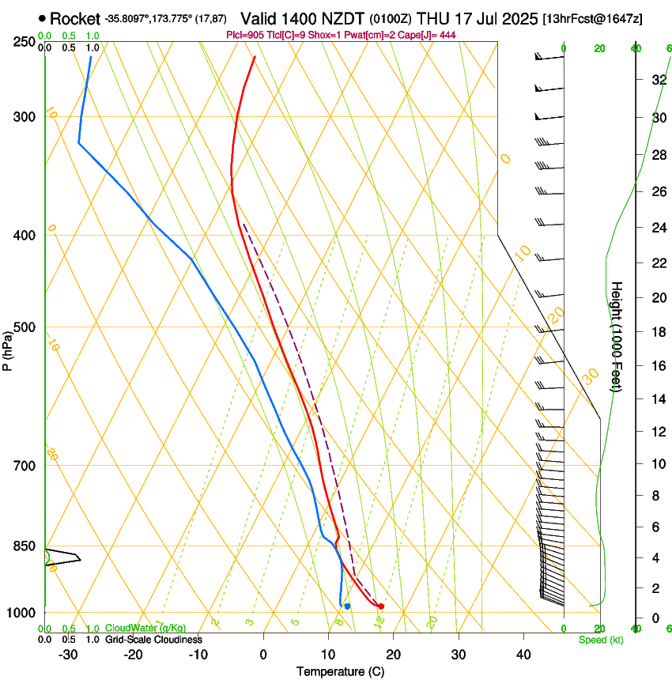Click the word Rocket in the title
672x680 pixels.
(x=75, y=19)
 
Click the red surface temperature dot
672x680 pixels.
(x=381, y=606)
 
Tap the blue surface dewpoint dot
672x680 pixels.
(x=347, y=606)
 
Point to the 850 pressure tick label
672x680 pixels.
(x=24, y=546)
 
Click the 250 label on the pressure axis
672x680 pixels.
(x=24, y=42)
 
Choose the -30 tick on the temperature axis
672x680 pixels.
(x=68, y=655)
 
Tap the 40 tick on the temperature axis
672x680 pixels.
(x=523, y=655)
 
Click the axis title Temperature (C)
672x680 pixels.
(x=340, y=672)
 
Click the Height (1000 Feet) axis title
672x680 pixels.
(x=617, y=336)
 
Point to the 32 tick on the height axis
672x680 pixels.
(x=656, y=79)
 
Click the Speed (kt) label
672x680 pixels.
(x=600, y=640)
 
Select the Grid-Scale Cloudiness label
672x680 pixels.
(x=153, y=640)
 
